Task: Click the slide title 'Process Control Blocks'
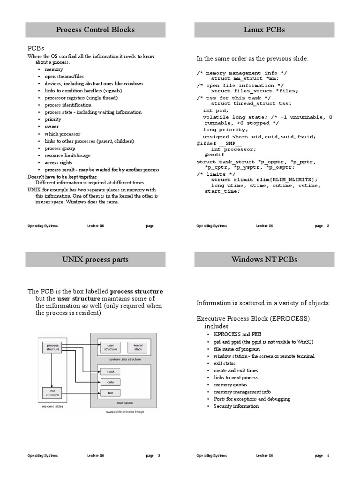click(x=95, y=30)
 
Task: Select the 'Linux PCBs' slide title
click(x=264, y=30)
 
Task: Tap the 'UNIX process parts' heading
click(x=95, y=259)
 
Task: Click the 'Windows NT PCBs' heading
click(x=264, y=259)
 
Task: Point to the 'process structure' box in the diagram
click(x=52, y=347)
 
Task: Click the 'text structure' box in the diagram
click(x=52, y=392)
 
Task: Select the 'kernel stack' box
click(x=138, y=347)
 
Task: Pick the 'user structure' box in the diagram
click(x=111, y=347)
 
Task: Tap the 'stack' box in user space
click(x=110, y=371)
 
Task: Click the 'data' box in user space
click(x=110, y=382)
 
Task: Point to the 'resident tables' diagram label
click(x=52, y=406)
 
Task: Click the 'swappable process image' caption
click(x=125, y=412)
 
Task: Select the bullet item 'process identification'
click(x=68, y=105)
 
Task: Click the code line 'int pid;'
click(x=213, y=111)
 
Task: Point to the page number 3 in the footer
click(x=159, y=456)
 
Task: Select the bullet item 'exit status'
click(x=225, y=363)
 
